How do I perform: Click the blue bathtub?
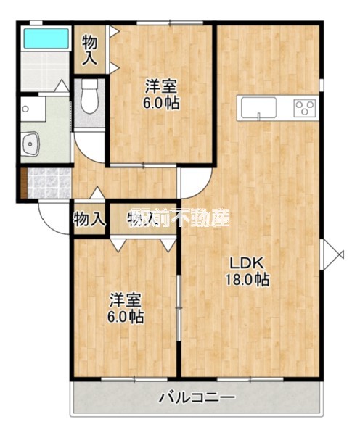coord(45,38)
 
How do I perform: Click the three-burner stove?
coord(303,109)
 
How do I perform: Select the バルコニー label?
coord(196,398)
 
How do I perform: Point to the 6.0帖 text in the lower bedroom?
coord(126,317)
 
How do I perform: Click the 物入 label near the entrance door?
coord(90,219)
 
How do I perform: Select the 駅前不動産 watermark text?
coord(179,218)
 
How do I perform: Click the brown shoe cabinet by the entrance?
coord(24,184)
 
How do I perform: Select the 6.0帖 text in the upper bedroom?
coord(161,103)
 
